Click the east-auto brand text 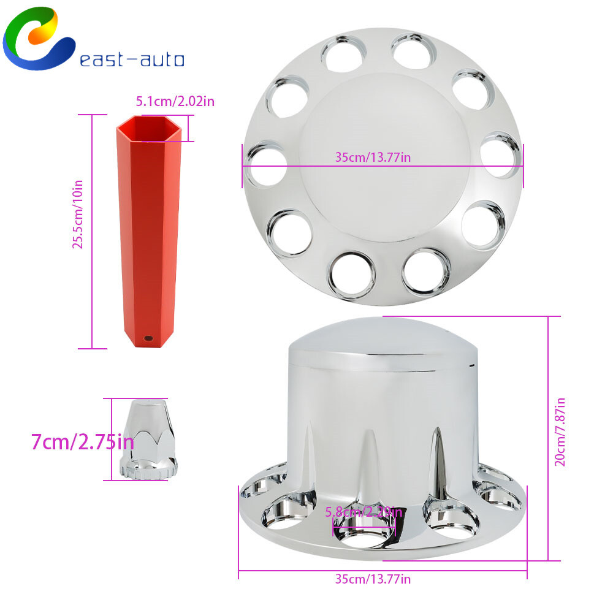[x=132, y=59]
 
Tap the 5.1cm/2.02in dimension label [x=175, y=101]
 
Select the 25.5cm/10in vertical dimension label [x=77, y=214]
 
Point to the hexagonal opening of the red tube [x=149, y=129]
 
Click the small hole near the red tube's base [x=148, y=338]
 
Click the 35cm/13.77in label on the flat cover [x=373, y=157]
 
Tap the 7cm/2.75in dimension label [x=83, y=442]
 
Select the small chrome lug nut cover [x=148, y=440]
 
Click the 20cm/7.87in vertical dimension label [x=560, y=432]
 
